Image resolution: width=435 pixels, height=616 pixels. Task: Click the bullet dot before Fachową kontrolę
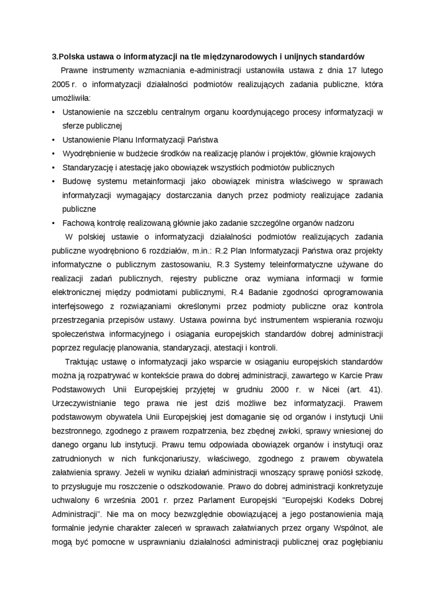(53, 223)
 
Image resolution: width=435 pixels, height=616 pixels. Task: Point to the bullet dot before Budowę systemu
(53, 182)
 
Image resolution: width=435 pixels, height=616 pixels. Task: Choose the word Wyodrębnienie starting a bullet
(88, 154)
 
